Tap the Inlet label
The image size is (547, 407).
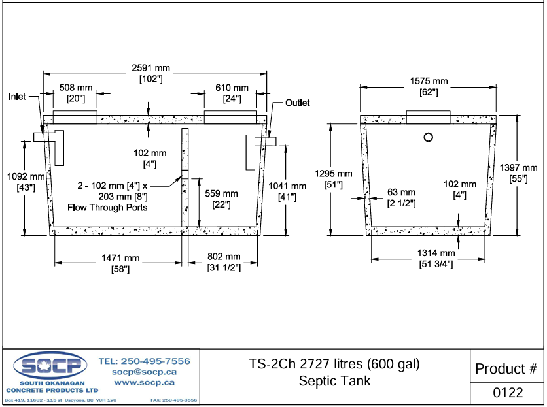(x=17, y=97)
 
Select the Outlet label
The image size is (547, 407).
(x=297, y=103)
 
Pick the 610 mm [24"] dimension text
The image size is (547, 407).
(x=232, y=93)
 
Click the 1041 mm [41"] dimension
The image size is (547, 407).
(x=285, y=191)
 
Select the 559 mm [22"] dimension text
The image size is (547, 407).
(x=221, y=199)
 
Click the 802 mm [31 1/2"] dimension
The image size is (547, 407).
(x=224, y=263)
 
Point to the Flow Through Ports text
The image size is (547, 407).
(x=107, y=208)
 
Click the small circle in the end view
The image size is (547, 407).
(x=429, y=137)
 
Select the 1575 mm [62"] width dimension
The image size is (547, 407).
(x=429, y=86)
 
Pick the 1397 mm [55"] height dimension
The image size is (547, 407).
(x=518, y=173)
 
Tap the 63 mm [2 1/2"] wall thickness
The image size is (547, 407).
(x=401, y=197)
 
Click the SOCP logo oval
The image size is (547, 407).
(x=50, y=365)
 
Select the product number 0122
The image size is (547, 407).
(x=508, y=393)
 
